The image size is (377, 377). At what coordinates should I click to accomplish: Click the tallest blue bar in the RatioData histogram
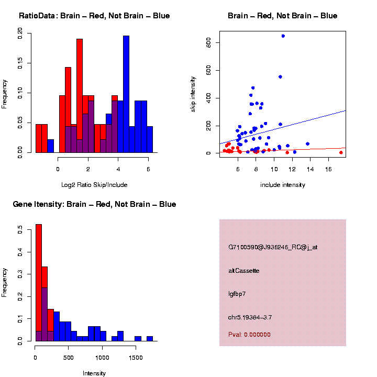[126, 94]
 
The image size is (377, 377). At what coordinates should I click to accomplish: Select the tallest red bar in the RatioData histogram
[80, 94]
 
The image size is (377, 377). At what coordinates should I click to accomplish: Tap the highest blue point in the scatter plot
[283, 36]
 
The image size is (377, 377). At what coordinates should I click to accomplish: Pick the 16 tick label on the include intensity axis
[328, 170]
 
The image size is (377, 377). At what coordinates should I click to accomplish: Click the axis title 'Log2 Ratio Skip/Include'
[94, 185]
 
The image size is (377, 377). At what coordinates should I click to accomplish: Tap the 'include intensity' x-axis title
[283, 185]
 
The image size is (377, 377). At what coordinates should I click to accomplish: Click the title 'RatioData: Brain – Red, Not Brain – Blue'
[94, 16]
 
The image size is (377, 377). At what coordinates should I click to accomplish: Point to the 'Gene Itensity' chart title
[94, 204]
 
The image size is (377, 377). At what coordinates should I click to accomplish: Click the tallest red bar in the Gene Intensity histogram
[38, 283]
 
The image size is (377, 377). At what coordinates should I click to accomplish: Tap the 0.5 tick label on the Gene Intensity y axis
[20, 229]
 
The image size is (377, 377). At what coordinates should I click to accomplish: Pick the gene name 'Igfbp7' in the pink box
[237, 294]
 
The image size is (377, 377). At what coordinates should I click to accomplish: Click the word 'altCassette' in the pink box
[244, 271]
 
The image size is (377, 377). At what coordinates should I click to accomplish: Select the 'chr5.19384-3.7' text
[250, 317]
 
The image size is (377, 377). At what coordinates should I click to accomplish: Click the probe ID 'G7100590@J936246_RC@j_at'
[273, 247]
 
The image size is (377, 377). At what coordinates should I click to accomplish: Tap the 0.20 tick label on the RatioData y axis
[20, 34]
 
